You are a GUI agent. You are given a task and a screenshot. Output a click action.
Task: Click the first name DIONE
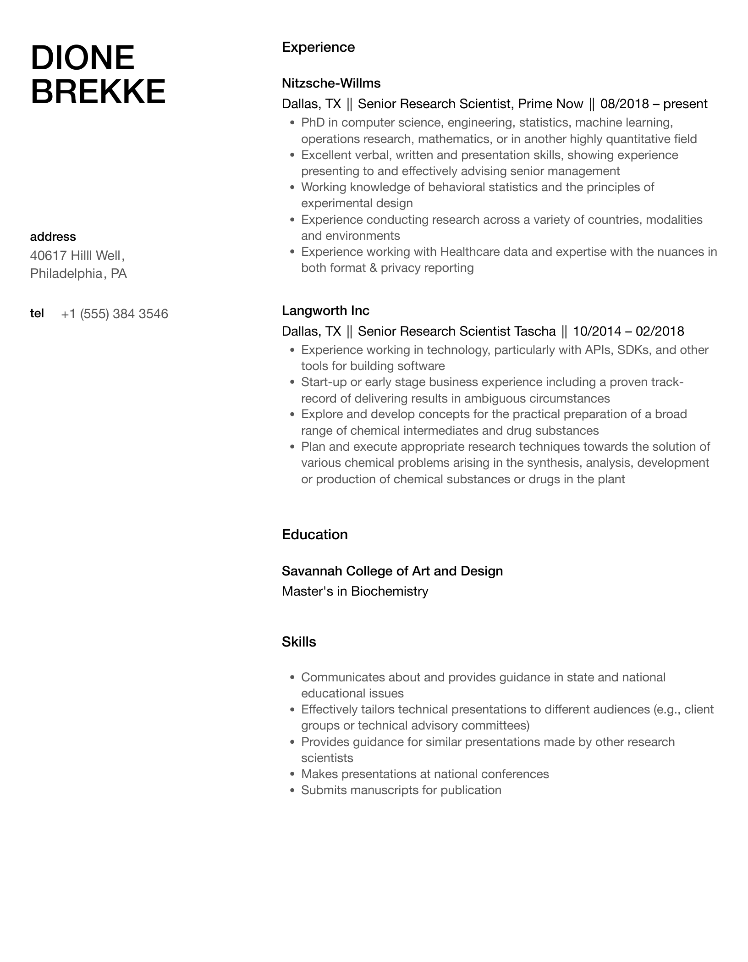pyautogui.click(x=82, y=58)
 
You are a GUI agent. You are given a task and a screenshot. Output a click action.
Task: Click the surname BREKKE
pyautogui.click(x=98, y=92)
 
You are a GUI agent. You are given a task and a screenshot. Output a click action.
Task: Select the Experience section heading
pyautogui.click(x=318, y=47)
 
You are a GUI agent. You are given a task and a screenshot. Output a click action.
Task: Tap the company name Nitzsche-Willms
pyautogui.click(x=331, y=83)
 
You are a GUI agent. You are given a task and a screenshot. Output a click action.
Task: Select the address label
pyautogui.click(x=53, y=237)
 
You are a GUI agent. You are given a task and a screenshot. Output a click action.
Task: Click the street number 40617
pyautogui.click(x=49, y=255)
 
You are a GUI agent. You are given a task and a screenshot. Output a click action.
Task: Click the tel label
pyautogui.click(x=37, y=313)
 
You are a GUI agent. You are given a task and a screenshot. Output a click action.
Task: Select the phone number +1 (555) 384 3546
pyautogui.click(x=114, y=314)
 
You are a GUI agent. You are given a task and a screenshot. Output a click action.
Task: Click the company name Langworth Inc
pyautogui.click(x=325, y=310)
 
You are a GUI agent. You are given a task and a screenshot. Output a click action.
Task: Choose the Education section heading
pyautogui.click(x=314, y=535)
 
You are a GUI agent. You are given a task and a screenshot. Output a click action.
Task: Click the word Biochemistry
pyautogui.click(x=389, y=591)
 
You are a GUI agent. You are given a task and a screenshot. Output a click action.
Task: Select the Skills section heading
pyautogui.click(x=299, y=642)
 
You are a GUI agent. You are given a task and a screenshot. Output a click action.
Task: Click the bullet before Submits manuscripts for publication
pyautogui.click(x=292, y=790)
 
